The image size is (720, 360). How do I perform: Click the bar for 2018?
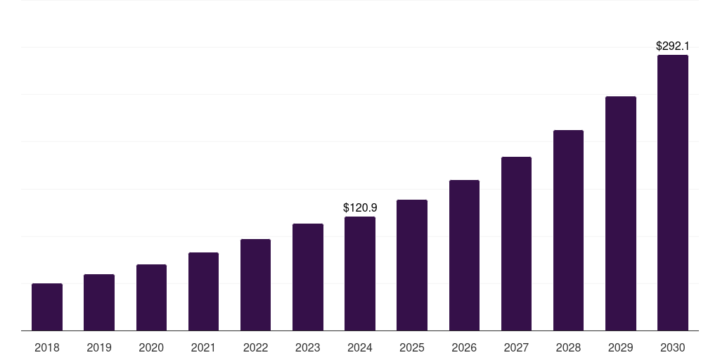(x=47, y=307)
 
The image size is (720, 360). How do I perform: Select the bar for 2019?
(x=99, y=302)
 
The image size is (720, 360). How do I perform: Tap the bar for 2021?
(x=203, y=292)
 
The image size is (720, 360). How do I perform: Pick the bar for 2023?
(x=308, y=277)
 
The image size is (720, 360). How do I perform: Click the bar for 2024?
(x=360, y=274)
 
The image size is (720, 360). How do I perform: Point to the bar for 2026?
(x=464, y=255)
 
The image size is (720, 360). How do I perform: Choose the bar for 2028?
(x=568, y=231)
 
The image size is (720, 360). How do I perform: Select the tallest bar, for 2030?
(x=673, y=193)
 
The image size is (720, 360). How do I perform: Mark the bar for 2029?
(x=621, y=214)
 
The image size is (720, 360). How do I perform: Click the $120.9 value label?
(x=360, y=207)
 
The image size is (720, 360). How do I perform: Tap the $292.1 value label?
(x=673, y=46)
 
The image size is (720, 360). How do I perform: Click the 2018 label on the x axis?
(x=47, y=347)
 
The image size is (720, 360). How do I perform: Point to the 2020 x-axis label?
(x=151, y=347)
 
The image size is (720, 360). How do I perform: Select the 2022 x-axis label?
(x=255, y=347)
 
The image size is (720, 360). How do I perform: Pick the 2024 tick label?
(x=360, y=347)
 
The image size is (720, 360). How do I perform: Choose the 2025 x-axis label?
(x=412, y=347)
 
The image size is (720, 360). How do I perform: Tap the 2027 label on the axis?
(x=516, y=347)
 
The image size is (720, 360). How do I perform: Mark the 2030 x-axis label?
(x=673, y=347)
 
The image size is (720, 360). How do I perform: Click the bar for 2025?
(x=412, y=265)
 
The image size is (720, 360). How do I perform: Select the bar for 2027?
(x=516, y=244)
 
